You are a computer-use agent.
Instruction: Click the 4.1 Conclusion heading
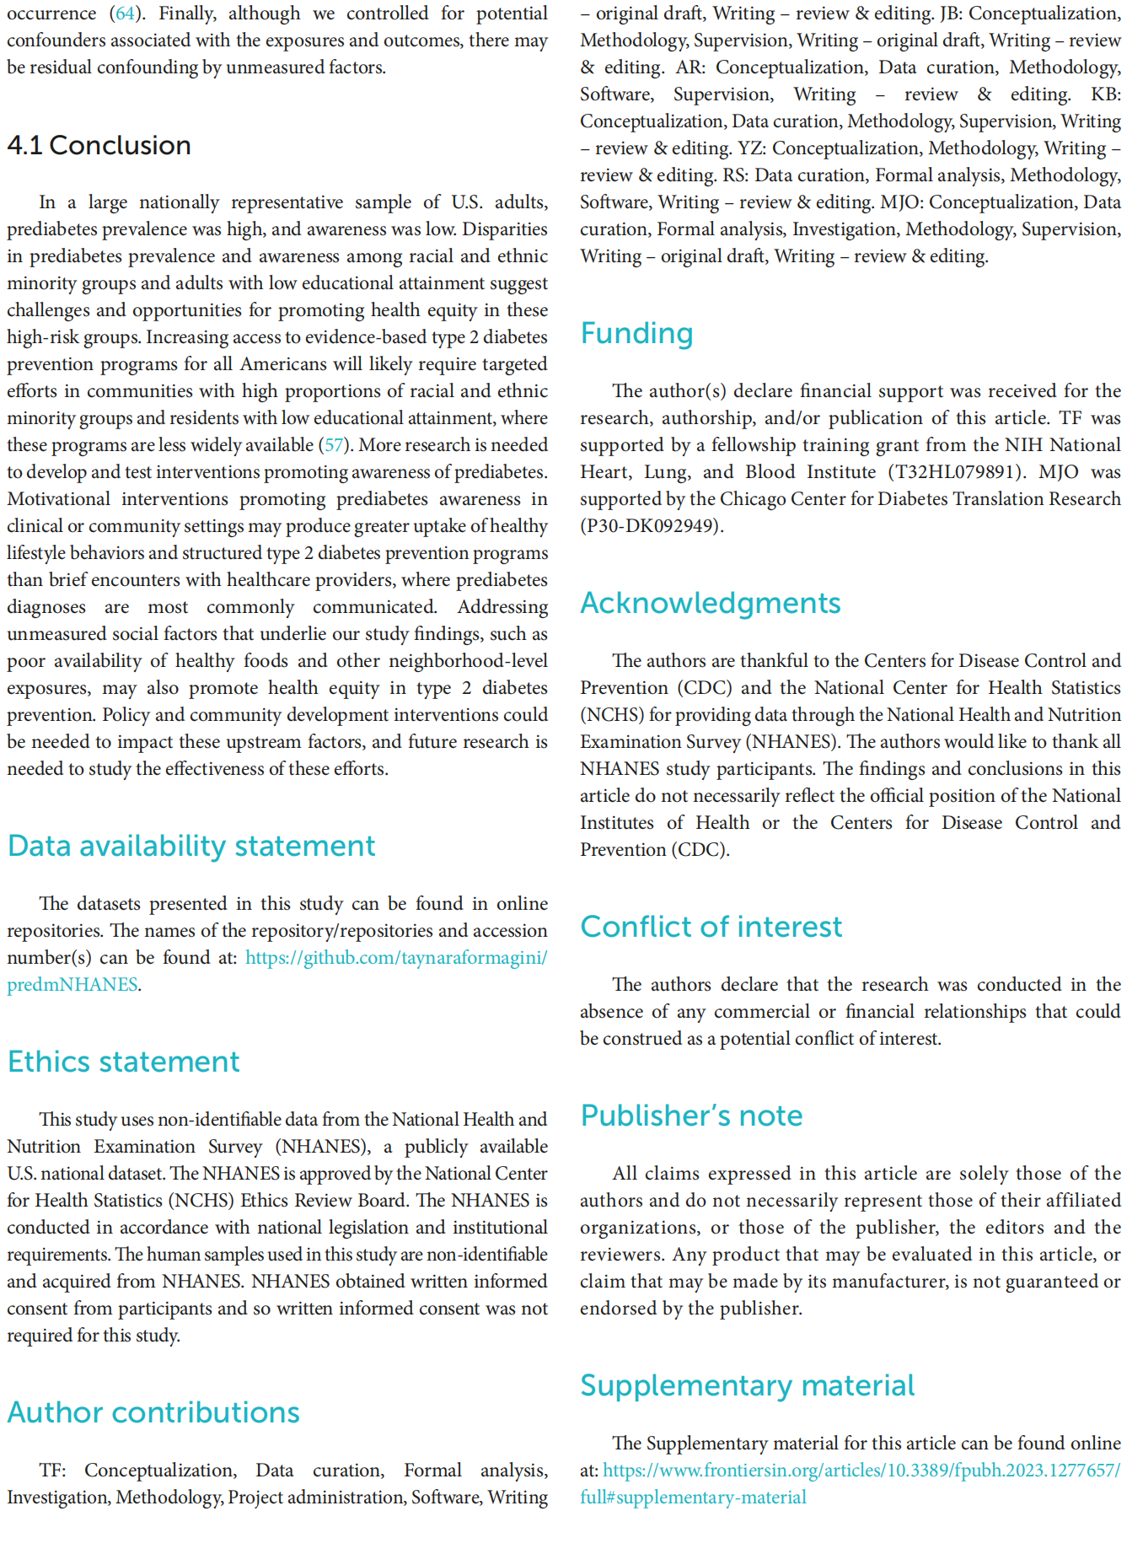(x=99, y=145)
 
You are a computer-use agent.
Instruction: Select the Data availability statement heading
(x=191, y=846)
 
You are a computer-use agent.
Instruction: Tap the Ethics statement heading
(x=123, y=1062)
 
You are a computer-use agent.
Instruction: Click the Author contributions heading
(x=153, y=1412)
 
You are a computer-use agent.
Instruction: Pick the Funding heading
(x=636, y=333)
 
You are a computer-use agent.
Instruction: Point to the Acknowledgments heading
(x=710, y=603)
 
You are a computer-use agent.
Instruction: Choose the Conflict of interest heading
(x=711, y=927)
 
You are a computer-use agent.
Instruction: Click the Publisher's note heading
(x=691, y=1116)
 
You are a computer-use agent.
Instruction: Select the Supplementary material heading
(x=747, y=1385)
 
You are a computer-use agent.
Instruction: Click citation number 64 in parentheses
(x=125, y=13)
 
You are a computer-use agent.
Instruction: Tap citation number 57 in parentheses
(x=335, y=445)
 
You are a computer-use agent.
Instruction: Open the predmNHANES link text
(x=72, y=985)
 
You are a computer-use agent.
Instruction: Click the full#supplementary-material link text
(x=693, y=1498)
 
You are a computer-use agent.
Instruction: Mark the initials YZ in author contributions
(x=751, y=148)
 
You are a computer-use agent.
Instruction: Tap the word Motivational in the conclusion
(x=58, y=499)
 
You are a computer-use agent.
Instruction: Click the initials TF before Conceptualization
(x=52, y=1471)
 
